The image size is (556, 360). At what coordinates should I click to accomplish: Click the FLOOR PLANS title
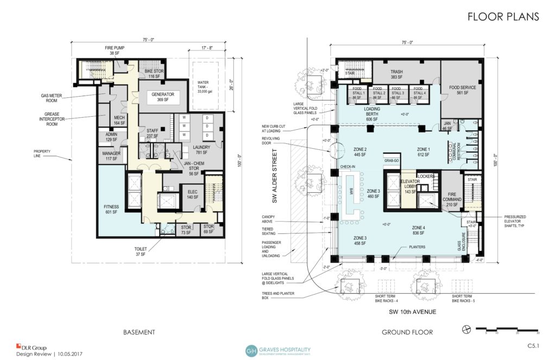[503, 17]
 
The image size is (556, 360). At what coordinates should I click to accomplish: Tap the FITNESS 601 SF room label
[111, 209]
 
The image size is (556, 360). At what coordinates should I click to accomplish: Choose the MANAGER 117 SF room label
[111, 156]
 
